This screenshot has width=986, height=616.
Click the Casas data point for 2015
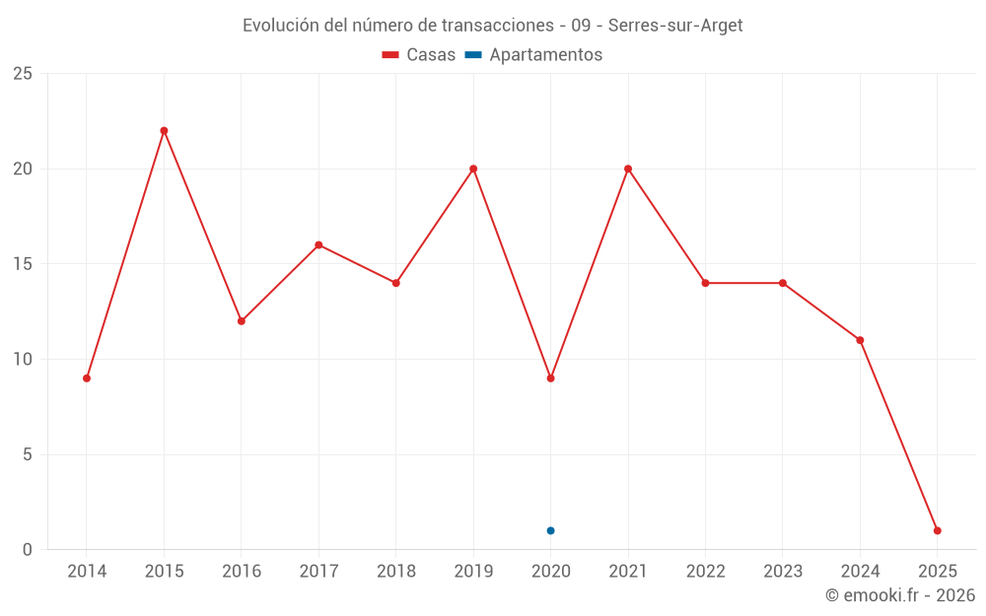(x=164, y=131)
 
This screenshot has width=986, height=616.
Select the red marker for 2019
(x=473, y=169)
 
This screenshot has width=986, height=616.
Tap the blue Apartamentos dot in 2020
(x=550, y=531)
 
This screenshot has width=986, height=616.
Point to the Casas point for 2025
(x=937, y=531)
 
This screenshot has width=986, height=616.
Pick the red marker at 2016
(x=241, y=321)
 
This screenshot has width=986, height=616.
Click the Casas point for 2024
(x=860, y=340)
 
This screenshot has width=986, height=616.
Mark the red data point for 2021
(x=627, y=169)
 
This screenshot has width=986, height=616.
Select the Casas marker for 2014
(x=87, y=378)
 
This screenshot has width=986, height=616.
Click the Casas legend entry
(x=419, y=55)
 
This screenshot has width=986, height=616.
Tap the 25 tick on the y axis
(x=23, y=74)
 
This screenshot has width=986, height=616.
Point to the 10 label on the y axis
(x=23, y=360)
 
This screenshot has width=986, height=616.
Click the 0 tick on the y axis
(x=28, y=550)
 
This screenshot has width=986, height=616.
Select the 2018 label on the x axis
(x=395, y=572)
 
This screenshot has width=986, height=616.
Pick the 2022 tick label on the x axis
(x=705, y=572)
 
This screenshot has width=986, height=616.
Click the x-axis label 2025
(x=937, y=572)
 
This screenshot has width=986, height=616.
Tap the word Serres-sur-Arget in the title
(x=675, y=26)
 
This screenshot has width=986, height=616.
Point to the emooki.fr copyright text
(x=899, y=595)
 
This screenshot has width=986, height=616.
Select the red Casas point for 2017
(x=318, y=245)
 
